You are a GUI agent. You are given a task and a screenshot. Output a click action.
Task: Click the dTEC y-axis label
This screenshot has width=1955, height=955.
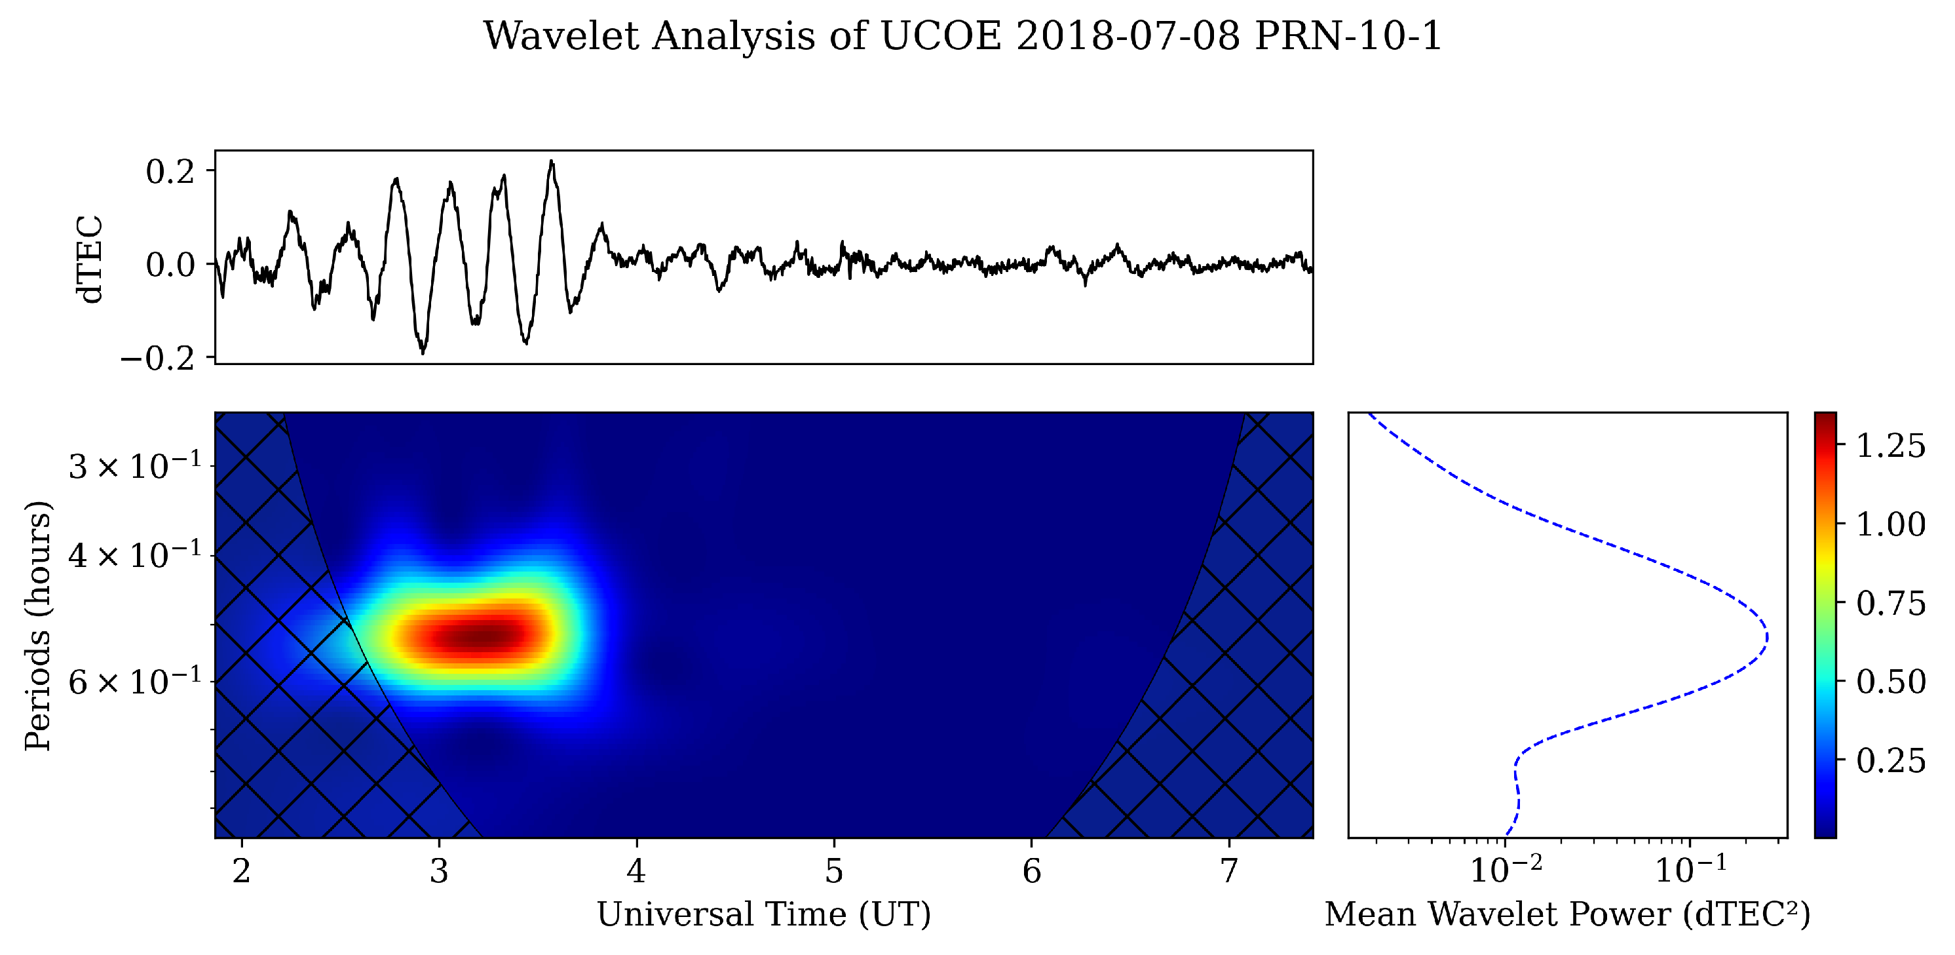[x=90, y=259]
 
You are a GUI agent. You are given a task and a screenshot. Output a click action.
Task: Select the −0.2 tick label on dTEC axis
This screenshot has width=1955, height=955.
[x=158, y=358]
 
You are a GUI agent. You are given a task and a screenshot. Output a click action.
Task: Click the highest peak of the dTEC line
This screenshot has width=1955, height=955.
[x=552, y=161]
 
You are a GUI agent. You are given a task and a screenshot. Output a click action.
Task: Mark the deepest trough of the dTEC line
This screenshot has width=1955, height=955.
[x=423, y=353]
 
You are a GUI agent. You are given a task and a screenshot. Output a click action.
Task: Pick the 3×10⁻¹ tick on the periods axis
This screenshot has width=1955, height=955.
[x=135, y=466]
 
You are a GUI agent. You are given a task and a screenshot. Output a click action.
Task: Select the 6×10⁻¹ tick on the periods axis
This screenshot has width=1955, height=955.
[x=135, y=682]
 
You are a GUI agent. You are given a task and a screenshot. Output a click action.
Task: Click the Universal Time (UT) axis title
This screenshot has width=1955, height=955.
[x=763, y=914]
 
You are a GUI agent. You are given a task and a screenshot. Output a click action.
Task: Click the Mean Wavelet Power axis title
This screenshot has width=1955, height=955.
[x=1567, y=914]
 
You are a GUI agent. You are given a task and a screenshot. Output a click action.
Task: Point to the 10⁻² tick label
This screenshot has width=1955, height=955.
[x=1506, y=869]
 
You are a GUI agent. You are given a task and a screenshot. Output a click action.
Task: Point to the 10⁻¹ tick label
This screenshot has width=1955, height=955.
[x=1690, y=869]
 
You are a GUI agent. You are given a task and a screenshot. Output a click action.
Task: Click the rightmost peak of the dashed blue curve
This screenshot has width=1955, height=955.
[x=1768, y=636]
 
